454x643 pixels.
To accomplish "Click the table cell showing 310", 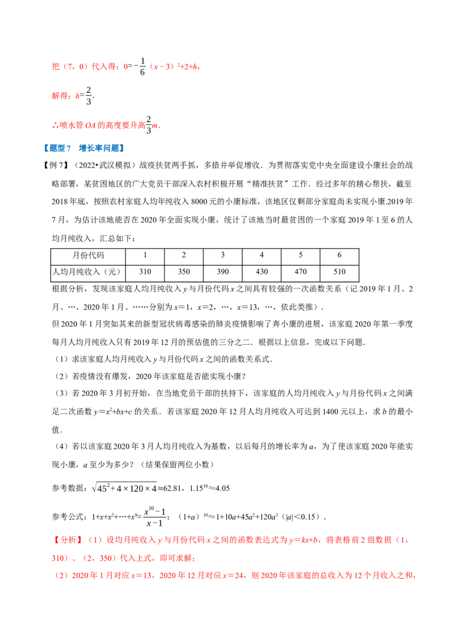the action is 145,272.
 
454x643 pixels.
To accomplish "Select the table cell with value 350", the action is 183,272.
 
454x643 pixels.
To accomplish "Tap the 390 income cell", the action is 222,272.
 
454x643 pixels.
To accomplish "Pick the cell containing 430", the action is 262,272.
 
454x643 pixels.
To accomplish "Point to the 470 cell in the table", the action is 300,272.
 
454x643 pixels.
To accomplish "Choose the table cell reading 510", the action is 339,272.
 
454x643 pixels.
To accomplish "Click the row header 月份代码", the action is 89,256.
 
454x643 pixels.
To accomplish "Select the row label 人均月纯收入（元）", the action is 89,272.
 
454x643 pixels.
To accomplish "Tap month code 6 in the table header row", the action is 339,256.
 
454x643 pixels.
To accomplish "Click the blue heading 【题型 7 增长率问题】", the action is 83,148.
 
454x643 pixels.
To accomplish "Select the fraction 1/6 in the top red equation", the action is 142,66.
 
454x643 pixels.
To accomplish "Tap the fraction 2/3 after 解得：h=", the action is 89,96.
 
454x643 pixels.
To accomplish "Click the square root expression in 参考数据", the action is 124,487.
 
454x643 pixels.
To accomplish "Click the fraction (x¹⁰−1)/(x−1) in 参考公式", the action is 155,516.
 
